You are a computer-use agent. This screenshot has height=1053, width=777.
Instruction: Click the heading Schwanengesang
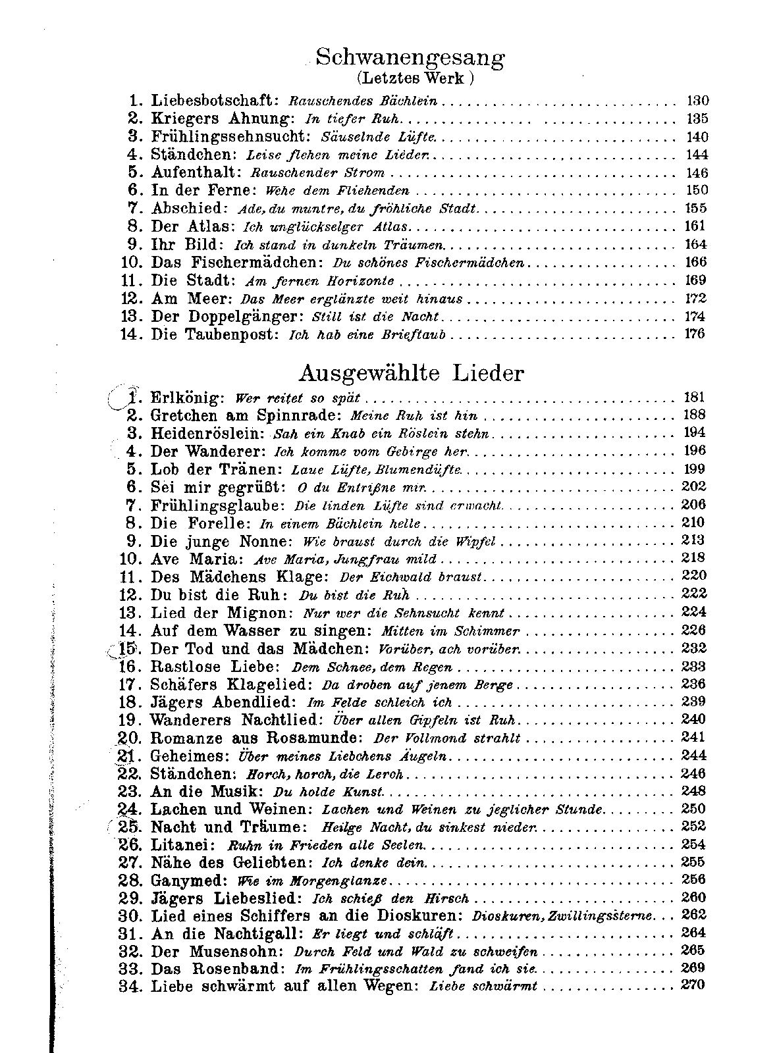[x=410, y=57]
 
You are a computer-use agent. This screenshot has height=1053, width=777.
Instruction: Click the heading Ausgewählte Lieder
[x=411, y=373]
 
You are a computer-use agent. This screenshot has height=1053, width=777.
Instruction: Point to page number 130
[x=697, y=101]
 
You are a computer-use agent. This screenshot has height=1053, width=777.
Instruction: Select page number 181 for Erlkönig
[x=694, y=398]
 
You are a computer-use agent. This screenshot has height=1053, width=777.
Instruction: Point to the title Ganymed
[x=187, y=880]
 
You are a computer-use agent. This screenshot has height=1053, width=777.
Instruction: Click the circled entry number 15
[x=126, y=649]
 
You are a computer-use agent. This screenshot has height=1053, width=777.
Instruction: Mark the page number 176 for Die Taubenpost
[x=694, y=334]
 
